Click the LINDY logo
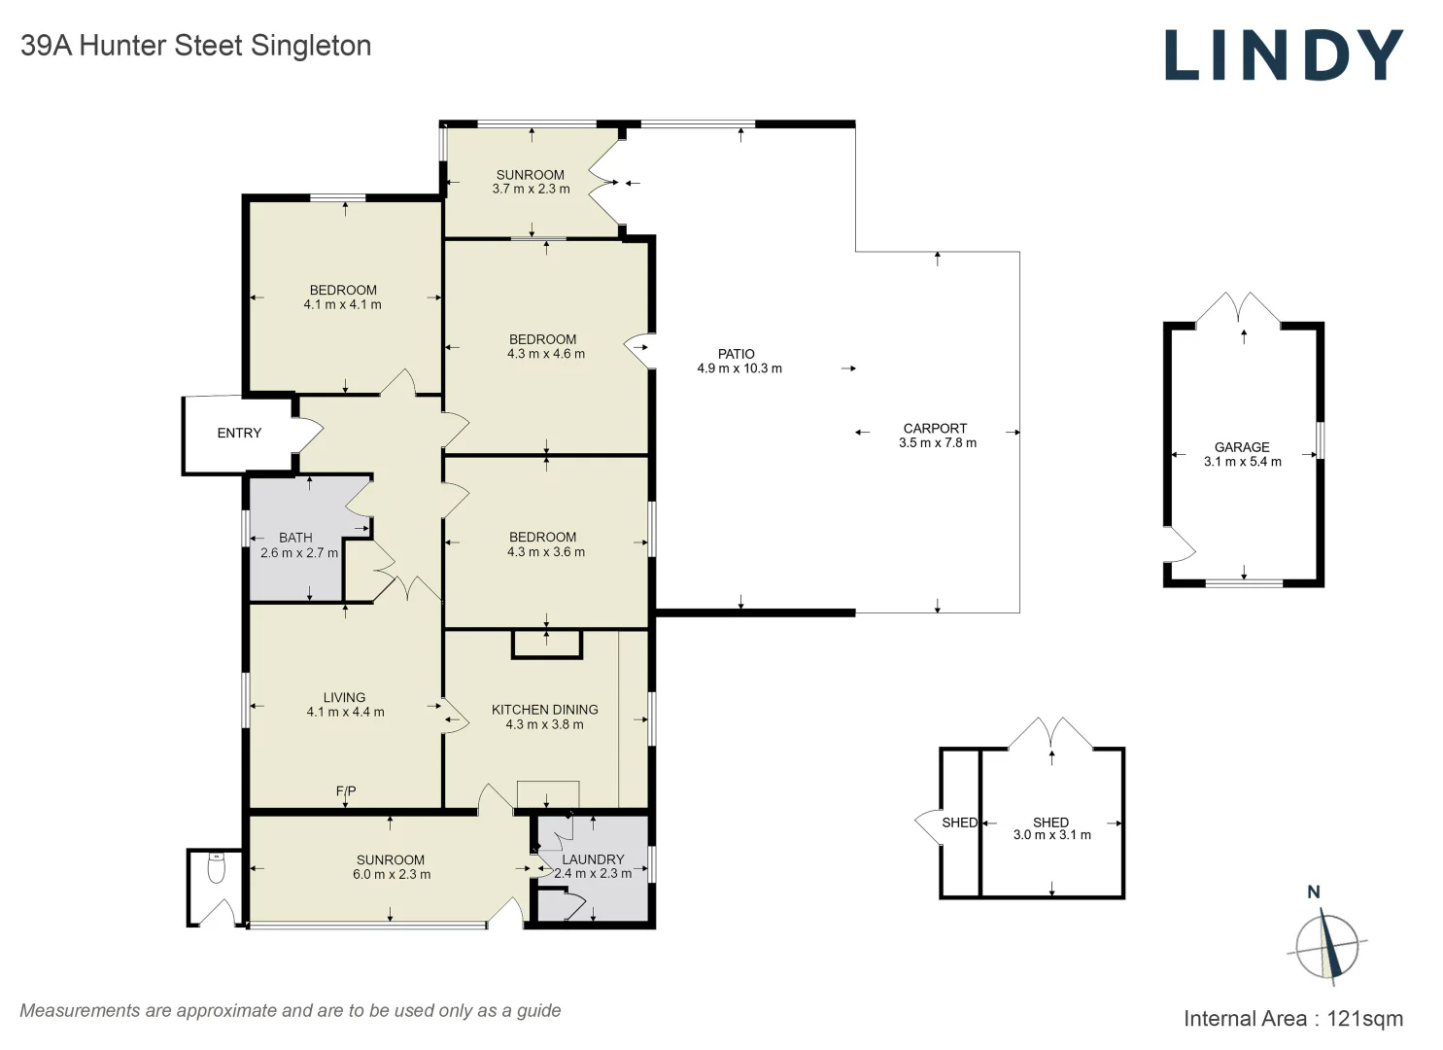(1283, 55)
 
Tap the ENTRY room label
(239, 434)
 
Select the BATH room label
(295, 538)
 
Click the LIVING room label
(344, 697)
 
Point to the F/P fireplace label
(346, 791)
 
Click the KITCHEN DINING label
(544, 710)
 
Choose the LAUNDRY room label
(593, 859)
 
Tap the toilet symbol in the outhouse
(217, 867)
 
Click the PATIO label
(737, 354)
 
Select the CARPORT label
(935, 428)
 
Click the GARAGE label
(1242, 447)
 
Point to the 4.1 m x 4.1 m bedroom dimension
(342, 304)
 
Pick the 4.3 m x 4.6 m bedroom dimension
(546, 354)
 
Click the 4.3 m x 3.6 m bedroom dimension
(546, 552)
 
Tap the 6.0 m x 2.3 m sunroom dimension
(392, 874)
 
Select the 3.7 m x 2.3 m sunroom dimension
(531, 189)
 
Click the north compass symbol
(1326, 945)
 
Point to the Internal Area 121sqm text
(1292, 1019)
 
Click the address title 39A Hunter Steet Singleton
(196, 46)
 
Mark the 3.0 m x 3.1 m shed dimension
(1051, 835)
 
